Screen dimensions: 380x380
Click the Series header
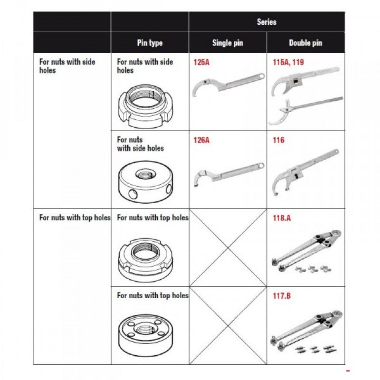266,22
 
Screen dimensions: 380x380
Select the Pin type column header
150,43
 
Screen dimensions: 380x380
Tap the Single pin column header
227,43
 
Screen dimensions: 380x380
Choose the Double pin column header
306,43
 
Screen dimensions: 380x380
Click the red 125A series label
201,62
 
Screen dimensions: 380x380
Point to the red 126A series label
201,140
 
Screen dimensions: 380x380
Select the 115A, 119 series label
288,62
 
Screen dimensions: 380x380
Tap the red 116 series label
279,140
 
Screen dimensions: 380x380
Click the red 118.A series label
282,218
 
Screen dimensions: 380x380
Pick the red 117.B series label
282,296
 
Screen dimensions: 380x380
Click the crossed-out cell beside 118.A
228,248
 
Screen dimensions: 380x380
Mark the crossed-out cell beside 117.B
228,326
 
